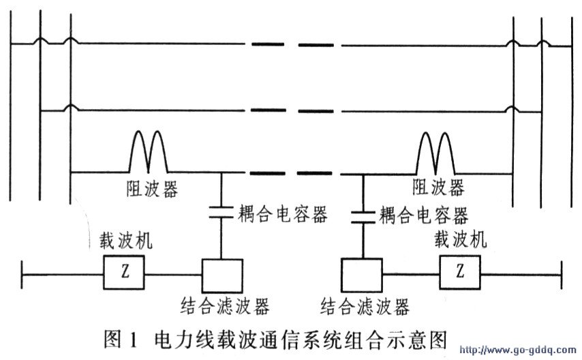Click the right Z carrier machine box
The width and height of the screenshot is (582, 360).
pos(460,272)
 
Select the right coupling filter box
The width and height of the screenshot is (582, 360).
pos(362,275)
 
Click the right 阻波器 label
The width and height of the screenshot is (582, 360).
pos(438,187)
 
